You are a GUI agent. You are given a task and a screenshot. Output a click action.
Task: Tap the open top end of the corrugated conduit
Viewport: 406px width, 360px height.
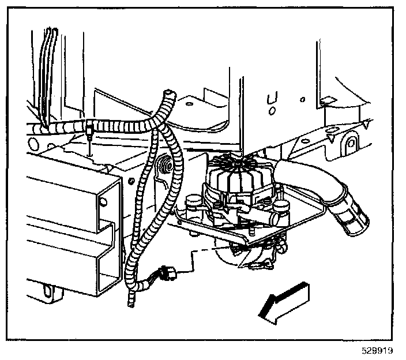point(169,93)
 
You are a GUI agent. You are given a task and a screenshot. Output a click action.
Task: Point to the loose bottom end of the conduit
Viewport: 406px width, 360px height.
point(132,300)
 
